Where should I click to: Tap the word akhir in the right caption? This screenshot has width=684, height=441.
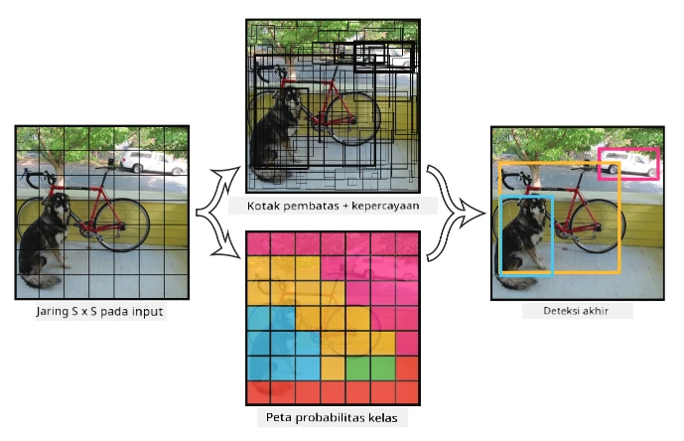[596, 311]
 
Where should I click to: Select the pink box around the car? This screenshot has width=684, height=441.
[628, 149]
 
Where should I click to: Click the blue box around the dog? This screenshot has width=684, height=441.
[500, 235]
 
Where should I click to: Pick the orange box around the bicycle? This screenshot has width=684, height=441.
[619, 219]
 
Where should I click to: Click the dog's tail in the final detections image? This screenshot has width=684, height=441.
[518, 282]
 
